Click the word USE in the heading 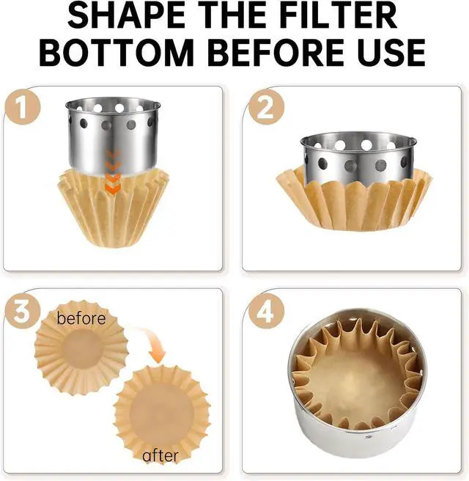(394, 52)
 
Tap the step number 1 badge (22, 107)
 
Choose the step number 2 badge (266, 107)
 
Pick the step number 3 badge (22, 311)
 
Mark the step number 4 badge (266, 312)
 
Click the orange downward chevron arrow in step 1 (113, 172)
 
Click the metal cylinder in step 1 (113, 136)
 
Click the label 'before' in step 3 (81, 318)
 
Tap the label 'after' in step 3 (160, 455)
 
